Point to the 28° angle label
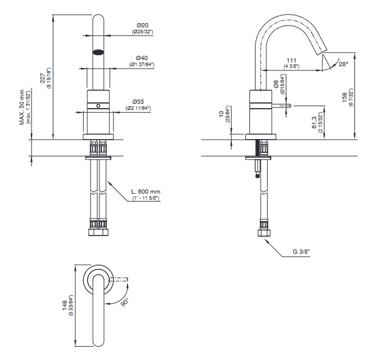(344, 63)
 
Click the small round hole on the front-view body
(98, 106)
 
